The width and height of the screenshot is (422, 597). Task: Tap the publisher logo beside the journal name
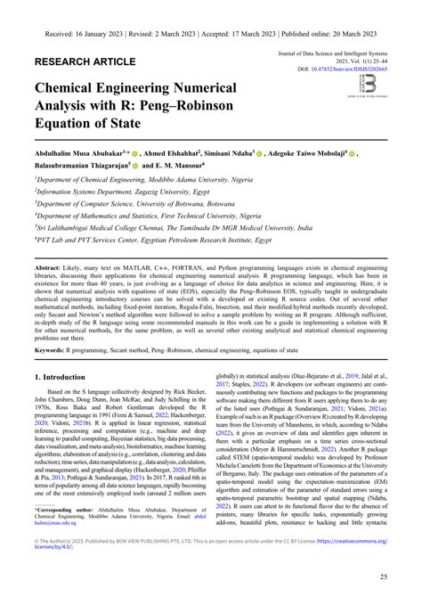[368, 83]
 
